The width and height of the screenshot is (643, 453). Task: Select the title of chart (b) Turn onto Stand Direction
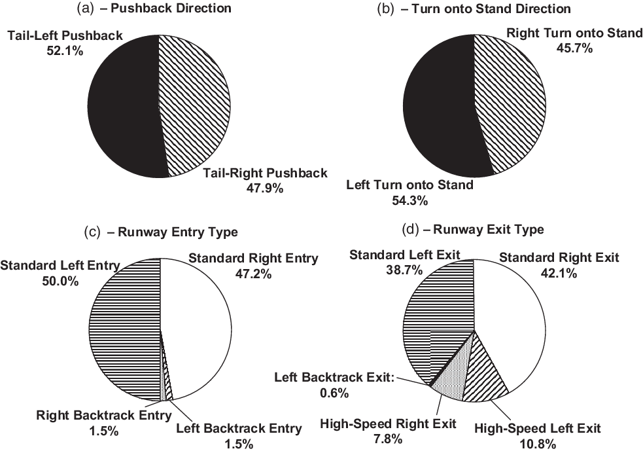click(474, 9)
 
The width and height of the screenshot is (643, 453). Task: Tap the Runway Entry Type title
click(161, 232)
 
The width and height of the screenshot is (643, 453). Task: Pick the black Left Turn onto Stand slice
click(438, 108)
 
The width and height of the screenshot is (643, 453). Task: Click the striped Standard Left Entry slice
click(124, 327)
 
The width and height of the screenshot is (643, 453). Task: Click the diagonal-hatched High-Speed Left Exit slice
click(487, 373)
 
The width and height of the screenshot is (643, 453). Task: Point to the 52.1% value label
click(65, 50)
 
